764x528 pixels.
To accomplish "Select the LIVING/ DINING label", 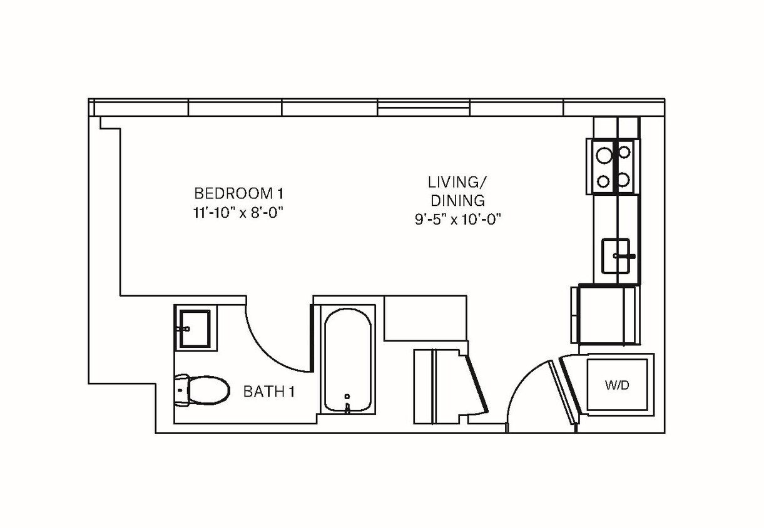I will tap(457, 191).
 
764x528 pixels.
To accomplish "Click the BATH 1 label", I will tap(268, 392).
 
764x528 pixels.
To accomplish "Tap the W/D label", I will tap(617, 385).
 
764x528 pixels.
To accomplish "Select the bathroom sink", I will tap(195, 328).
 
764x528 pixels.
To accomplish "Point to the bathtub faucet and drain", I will tap(348, 404).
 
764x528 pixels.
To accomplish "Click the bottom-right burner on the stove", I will tap(623, 180).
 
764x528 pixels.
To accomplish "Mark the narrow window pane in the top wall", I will tap(423, 109).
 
